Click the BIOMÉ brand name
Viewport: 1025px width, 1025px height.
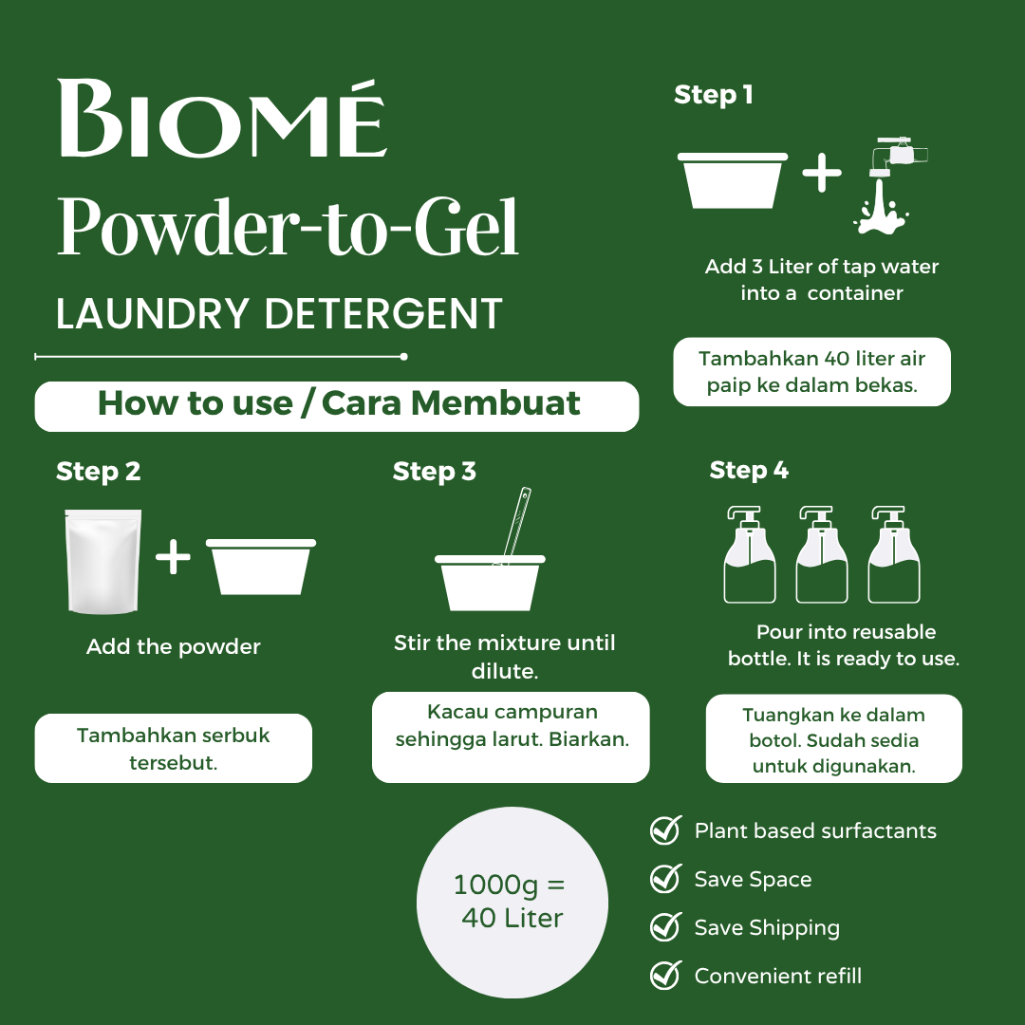pos(223,119)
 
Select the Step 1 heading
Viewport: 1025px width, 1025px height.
pos(713,96)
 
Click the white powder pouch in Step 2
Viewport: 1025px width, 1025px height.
pos(103,562)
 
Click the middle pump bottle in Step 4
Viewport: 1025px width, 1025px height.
pos(822,554)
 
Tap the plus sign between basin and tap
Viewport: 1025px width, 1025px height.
pos(822,174)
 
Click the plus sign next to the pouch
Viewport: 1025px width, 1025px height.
pos(174,556)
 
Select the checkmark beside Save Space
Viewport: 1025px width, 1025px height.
pos(666,879)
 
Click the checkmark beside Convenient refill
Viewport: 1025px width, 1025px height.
pos(666,976)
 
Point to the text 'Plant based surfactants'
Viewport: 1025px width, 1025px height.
pos(815,830)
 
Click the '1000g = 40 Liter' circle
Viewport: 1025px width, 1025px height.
pos(512,903)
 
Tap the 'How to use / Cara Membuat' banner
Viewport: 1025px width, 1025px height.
pos(337,406)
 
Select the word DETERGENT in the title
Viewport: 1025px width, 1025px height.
pos(383,314)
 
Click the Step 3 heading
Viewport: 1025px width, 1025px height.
pos(434,472)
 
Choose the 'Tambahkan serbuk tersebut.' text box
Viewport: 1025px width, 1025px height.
pos(174,749)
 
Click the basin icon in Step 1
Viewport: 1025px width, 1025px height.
pos(732,180)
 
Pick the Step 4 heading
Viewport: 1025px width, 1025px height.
pos(749,471)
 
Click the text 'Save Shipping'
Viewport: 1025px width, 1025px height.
pos(767,928)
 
